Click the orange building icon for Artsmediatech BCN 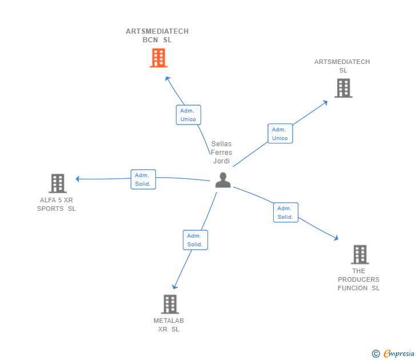[158, 58]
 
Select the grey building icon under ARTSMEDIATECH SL [343, 88]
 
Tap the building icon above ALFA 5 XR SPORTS [57, 183]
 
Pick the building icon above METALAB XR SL [170, 304]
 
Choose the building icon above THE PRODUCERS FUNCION [359, 254]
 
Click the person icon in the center [223, 180]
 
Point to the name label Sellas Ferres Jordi [221, 153]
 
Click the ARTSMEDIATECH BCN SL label [157, 35]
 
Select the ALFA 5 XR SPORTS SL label [57, 205]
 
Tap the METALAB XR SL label [169, 325]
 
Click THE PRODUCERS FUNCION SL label [358, 279]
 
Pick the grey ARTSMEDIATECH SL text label [342, 66]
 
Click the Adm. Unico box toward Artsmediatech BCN [188, 115]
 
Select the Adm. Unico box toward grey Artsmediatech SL [280, 134]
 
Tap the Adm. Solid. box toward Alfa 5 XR [143, 179]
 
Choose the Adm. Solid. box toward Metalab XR [195, 240]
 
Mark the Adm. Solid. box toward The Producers [285, 213]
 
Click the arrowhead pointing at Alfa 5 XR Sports [78, 179]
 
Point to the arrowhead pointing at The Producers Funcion [337, 238]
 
